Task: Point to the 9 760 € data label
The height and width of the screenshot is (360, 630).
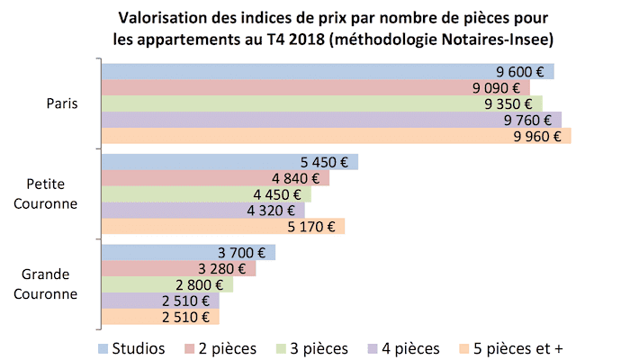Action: (534, 121)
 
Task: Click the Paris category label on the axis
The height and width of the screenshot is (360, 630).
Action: (62, 104)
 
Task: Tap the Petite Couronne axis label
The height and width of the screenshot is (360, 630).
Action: (52, 194)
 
